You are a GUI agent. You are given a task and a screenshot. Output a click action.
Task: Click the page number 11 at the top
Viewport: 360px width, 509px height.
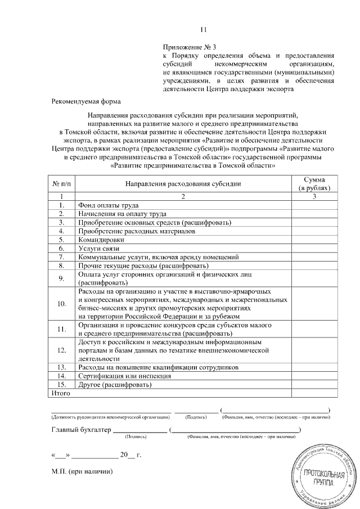pos(204,30)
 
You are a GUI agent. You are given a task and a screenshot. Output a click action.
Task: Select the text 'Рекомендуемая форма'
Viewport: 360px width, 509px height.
pos(83,102)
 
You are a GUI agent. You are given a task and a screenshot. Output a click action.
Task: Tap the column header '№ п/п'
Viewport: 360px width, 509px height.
pos(62,184)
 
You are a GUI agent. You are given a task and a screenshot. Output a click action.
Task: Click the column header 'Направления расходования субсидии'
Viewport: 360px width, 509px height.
pos(183,184)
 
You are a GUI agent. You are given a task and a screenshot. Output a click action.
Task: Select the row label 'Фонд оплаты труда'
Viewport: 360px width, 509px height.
pos(109,206)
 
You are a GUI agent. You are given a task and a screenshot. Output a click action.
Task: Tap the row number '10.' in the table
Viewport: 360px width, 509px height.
pos(62,304)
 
